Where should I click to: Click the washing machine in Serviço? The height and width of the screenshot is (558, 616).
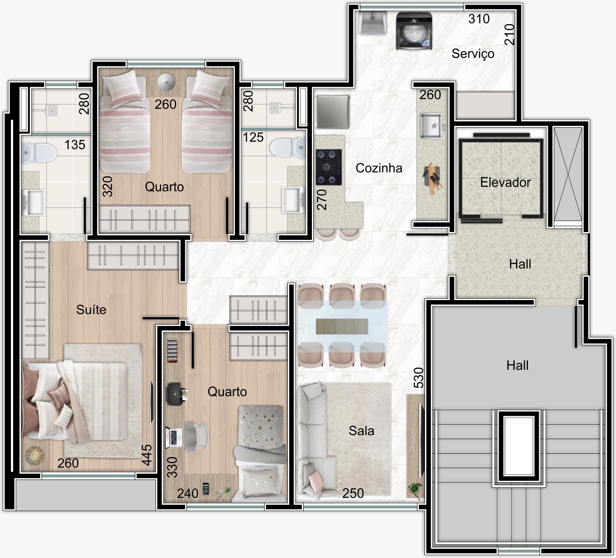coord(414,31)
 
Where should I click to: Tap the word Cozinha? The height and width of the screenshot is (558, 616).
coord(379,168)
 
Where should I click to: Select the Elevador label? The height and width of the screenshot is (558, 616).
coord(505,182)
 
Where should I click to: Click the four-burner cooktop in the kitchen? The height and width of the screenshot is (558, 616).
coord(329,167)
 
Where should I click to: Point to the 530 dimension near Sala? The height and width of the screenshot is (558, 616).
coord(419,377)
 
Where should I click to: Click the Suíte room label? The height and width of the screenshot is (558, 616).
coord(91,309)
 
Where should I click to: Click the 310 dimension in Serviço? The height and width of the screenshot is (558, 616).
coord(479,19)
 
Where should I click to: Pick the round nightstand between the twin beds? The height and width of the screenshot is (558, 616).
coord(166,82)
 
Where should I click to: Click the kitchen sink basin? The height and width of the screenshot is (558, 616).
coord(431,126)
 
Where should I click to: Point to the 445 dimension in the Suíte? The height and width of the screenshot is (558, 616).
coord(147,454)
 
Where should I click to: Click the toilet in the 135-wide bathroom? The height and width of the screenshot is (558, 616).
coord(39,153)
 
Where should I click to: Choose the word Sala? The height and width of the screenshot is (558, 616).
coord(361,431)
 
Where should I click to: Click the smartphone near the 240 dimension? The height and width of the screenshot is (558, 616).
coord(206,489)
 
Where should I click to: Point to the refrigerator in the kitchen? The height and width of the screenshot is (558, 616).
coord(333,112)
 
